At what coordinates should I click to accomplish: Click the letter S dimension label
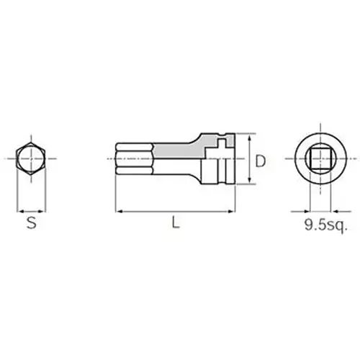(x=31, y=223)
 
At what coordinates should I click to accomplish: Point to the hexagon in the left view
(x=32, y=160)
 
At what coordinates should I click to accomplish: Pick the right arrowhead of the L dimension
(x=233, y=211)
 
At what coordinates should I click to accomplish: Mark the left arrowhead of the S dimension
(x=19, y=211)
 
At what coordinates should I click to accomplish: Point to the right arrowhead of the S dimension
(x=44, y=211)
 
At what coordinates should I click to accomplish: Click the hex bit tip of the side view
(x=133, y=160)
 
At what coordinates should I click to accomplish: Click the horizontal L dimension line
(x=176, y=211)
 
